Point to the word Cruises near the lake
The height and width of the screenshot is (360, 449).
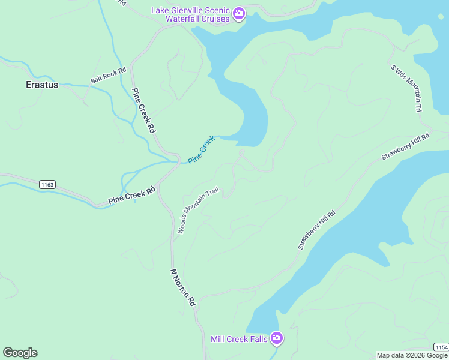(x=215, y=19)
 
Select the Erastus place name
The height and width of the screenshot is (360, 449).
(x=42, y=85)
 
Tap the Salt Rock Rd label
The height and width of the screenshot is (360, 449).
(x=109, y=75)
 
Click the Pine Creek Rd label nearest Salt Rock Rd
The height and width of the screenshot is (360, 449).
(x=143, y=111)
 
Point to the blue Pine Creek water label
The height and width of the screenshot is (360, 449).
(x=201, y=149)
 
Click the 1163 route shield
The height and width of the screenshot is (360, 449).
(x=48, y=185)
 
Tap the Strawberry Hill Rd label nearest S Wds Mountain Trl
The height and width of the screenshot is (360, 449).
(x=406, y=147)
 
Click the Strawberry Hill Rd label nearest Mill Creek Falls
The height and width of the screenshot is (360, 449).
(x=316, y=230)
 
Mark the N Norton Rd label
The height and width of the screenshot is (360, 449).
(x=184, y=287)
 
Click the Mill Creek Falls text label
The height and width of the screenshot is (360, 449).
(x=239, y=339)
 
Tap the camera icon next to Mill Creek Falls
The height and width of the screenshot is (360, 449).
(x=277, y=339)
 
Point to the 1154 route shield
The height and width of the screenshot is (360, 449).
(x=441, y=347)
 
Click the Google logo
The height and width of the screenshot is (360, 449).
(x=20, y=353)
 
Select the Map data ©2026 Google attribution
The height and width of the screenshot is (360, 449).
(x=412, y=355)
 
